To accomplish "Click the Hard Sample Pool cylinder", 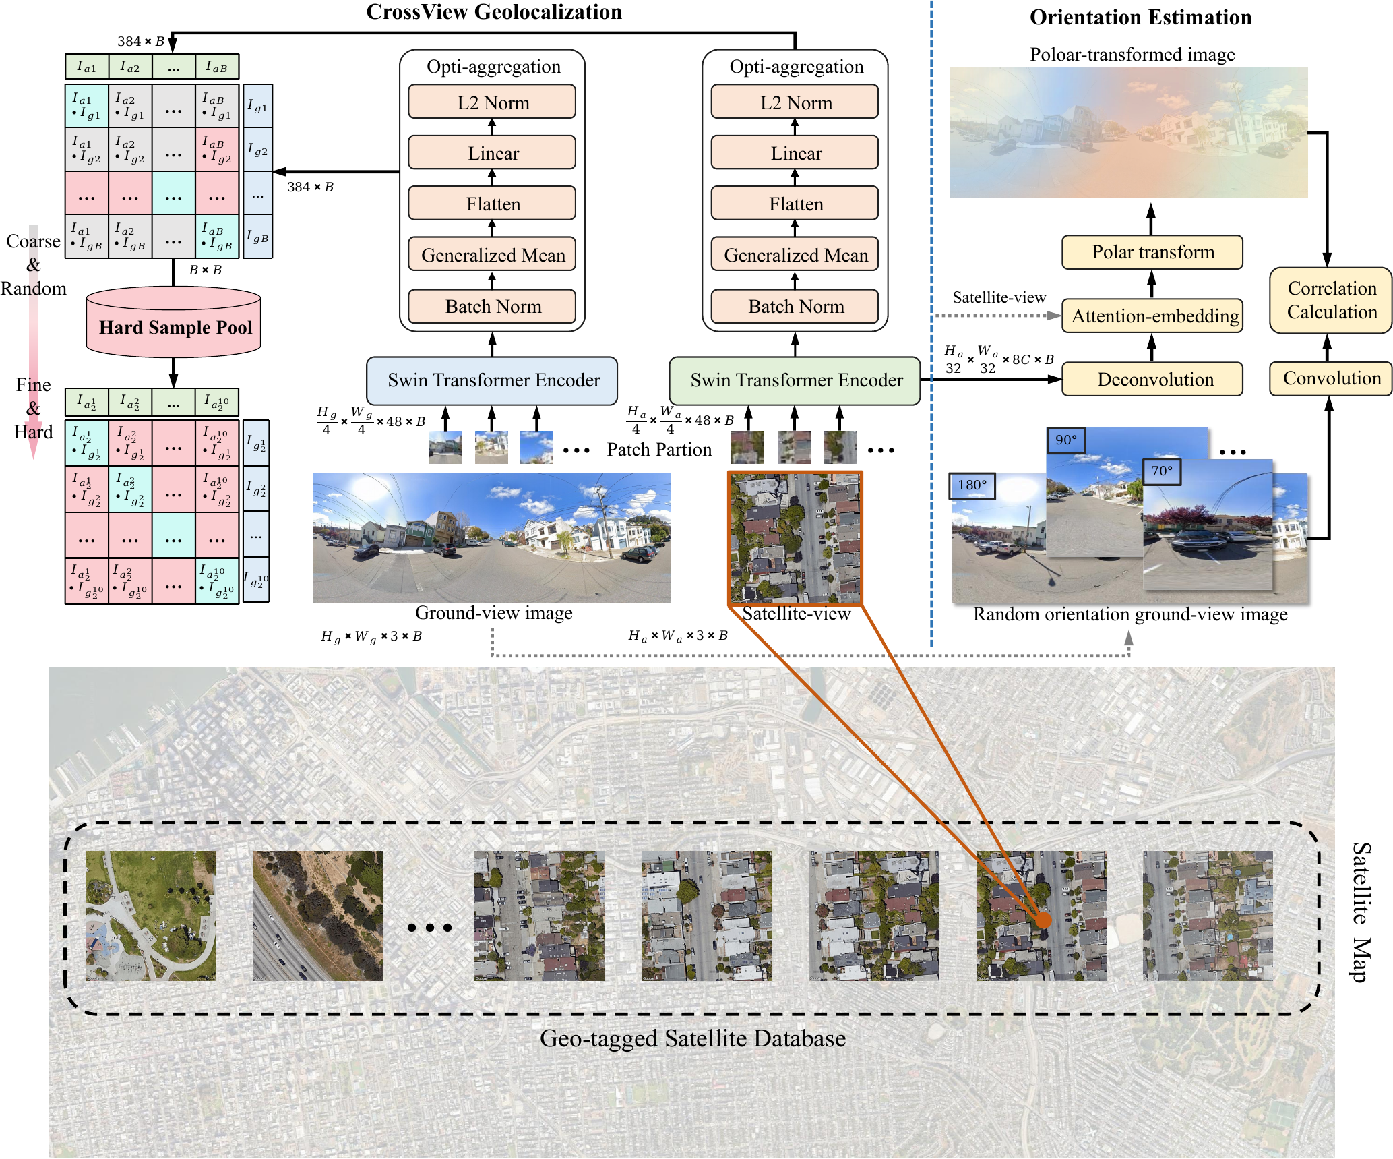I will coord(174,323).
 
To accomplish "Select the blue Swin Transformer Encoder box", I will coord(493,380).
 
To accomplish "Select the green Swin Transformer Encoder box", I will coord(795,380).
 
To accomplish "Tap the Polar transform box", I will coord(1152,252).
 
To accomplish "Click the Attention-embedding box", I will coord(1154,316).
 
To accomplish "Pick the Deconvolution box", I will coord(1154,379).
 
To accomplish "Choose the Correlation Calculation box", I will coord(1331,300).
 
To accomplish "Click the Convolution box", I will coord(1331,378).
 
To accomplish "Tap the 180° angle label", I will coord(972,485).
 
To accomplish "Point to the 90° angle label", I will coord(1065,440).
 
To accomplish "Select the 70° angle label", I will coord(1162,471).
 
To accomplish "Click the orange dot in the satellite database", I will coord(1043,920).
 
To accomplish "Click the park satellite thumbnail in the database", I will coord(151,916).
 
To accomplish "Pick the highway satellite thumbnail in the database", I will coord(317,916).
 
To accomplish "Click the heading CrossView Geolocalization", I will coord(494,12).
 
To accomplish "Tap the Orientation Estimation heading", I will coord(1140,18).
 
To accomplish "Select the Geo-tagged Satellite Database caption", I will coord(692,1038).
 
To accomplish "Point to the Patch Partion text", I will coord(659,450).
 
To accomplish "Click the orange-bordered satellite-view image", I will coord(795,537).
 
